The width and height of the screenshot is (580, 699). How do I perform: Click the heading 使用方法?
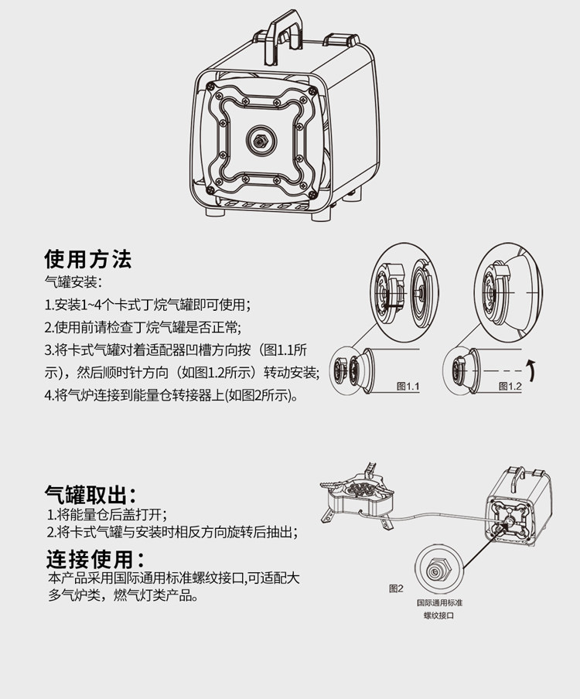click(x=88, y=257)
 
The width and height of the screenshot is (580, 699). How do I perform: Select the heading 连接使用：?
click(x=95, y=558)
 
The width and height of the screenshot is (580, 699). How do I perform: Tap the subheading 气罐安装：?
click(x=73, y=281)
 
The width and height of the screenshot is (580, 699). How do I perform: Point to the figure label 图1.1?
click(x=408, y=384)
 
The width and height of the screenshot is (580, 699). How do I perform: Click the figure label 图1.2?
click(x=510, y=384)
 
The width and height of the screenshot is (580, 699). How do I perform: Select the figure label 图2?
click(x=396, y=588)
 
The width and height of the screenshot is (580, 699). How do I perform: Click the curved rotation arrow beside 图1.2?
click(x=531, y=370)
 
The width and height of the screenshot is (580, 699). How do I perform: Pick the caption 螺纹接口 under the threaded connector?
click(x=438, y=615)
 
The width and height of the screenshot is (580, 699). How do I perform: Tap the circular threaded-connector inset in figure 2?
click(x=438, y=569)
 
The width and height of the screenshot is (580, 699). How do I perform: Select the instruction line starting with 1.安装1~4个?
click(x=148, y=304)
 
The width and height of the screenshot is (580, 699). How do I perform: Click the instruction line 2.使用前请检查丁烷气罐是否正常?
click(x=142, y=326)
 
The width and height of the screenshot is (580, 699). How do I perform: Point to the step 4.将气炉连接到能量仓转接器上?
click(x=171, y=395)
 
